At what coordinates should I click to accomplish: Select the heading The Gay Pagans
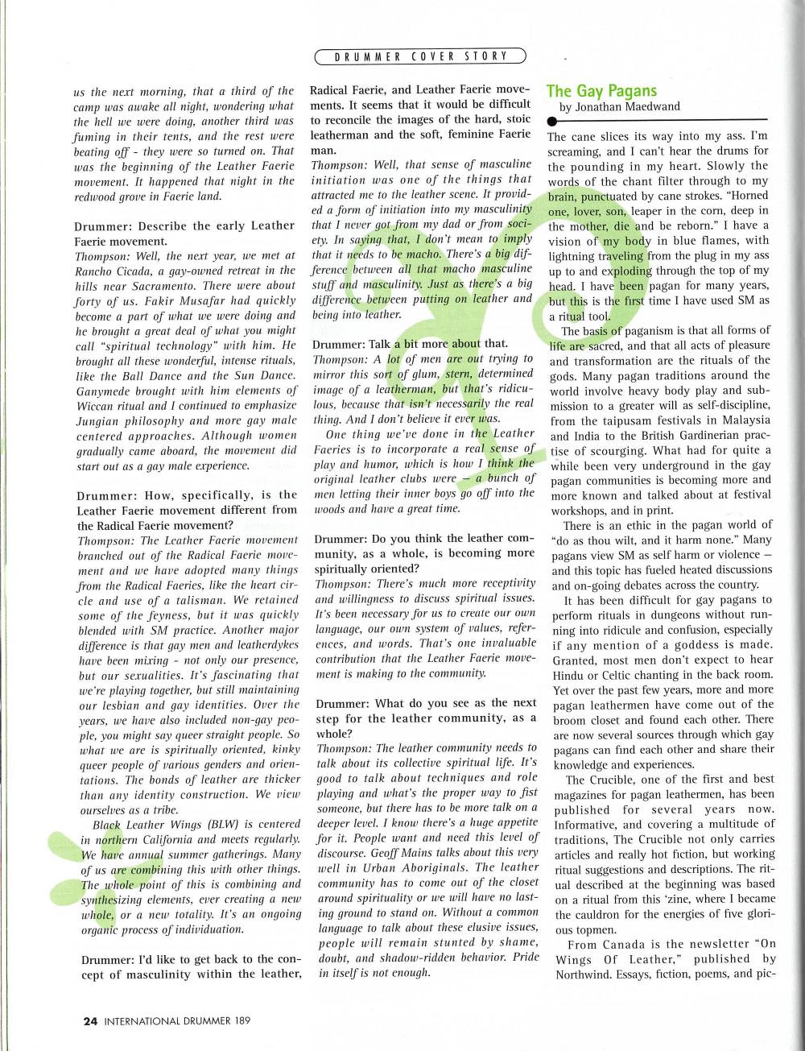tap(601, 91)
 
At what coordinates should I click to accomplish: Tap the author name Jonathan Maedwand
tap(627, 106)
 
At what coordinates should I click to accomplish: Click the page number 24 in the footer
tap(90, 1020)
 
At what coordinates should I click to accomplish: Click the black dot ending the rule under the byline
tap(551, 121)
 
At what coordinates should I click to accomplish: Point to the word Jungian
tap(102, 420)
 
